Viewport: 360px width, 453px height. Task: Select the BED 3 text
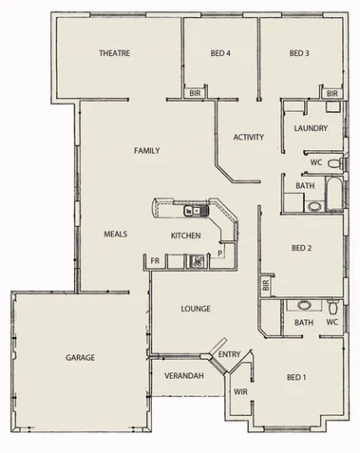tap(298, 53)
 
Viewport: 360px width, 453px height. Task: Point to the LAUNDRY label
tap(311, 128)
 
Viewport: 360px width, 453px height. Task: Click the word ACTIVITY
tap(249, 138)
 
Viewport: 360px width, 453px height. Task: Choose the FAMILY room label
tap(146, 150)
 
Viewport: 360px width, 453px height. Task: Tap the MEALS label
tap(116, 234)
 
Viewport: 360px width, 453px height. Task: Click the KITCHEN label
tap(185, 235)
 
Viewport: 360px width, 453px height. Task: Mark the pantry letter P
tap(220, 254)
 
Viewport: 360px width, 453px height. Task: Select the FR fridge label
tap(154, 260)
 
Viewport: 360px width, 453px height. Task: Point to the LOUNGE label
tap(196, 309)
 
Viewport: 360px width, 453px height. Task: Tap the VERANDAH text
tap(184, 377)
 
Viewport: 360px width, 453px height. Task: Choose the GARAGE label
tap(81, 358)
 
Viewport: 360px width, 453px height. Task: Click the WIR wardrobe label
tap(240, 391)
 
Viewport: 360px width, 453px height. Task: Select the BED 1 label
tap(296, 378)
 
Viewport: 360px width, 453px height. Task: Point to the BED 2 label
tap(302, 249)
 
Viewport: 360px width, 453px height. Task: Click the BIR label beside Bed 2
tap(266, 284)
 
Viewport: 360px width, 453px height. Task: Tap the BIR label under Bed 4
tap(195, 94)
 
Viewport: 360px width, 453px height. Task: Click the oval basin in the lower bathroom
tap(303, 306)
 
